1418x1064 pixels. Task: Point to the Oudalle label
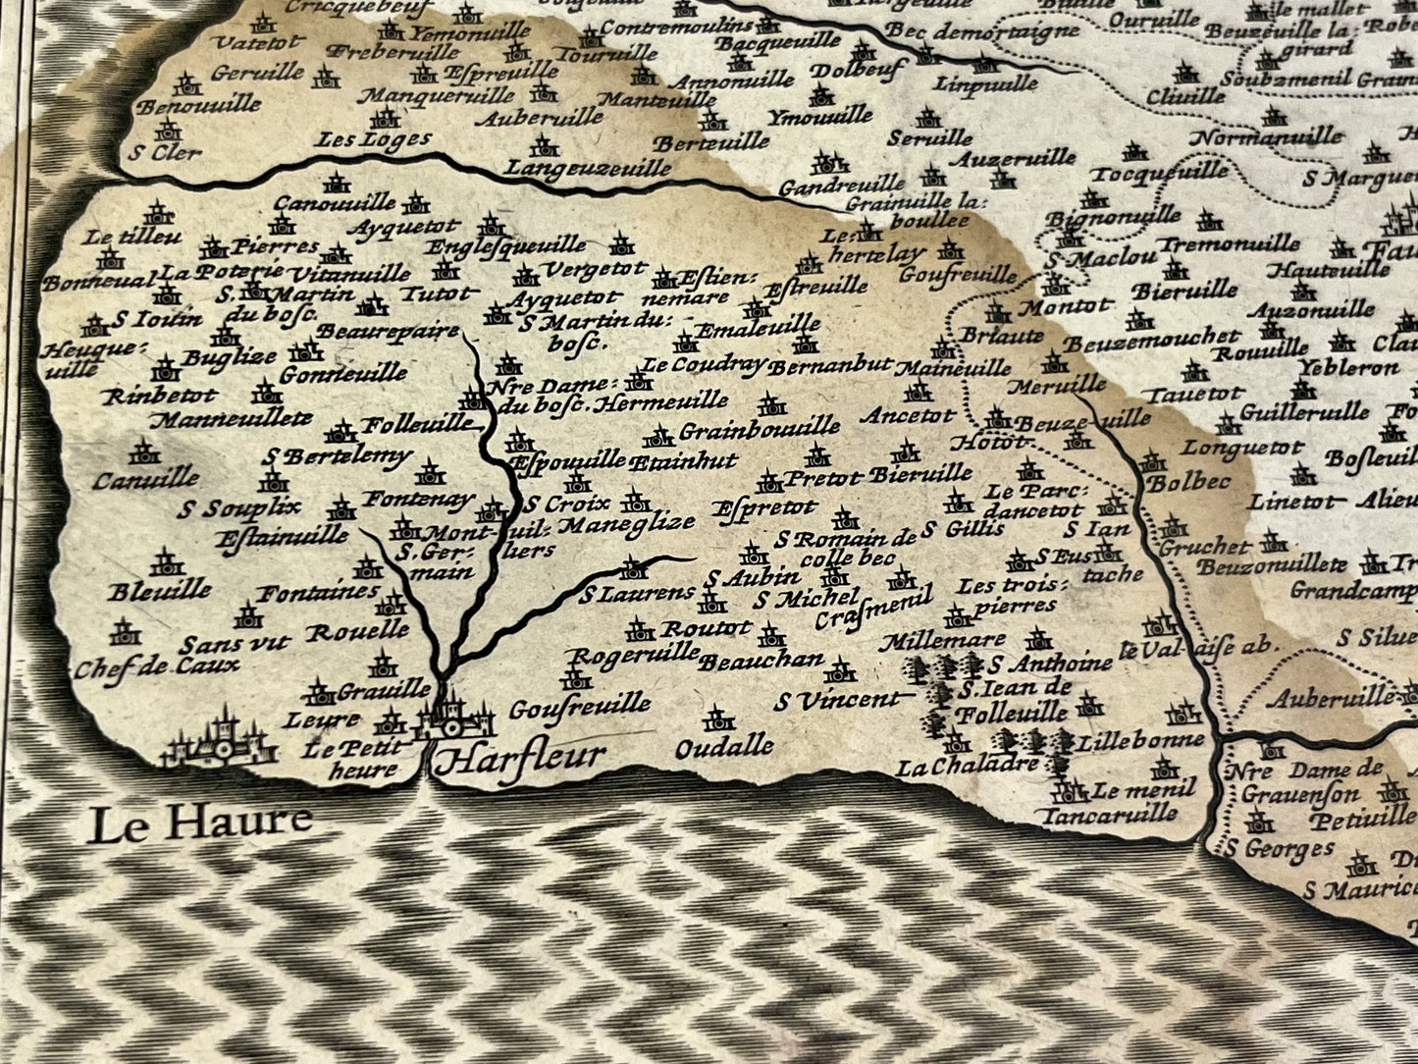[725, 746]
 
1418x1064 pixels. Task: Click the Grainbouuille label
[760, 428]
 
